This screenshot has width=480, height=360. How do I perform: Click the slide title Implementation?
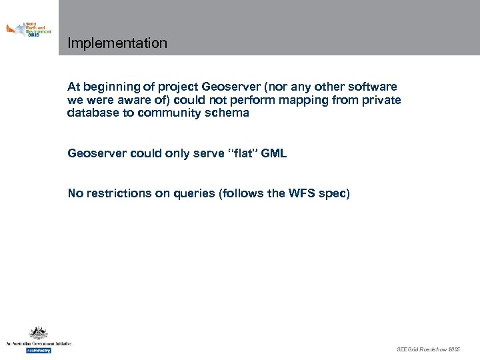(x=117, y=43)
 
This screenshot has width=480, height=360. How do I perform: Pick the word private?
(x=381, y=100)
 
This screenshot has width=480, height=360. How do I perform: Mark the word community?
(x=170, y=113)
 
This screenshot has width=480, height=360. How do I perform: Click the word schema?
(x=227, y=113)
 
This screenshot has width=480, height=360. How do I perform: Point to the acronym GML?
(x=275, y=153)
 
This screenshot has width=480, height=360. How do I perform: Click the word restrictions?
(x=118, y=194)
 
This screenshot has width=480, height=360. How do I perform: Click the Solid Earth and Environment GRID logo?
(x=29, y=29)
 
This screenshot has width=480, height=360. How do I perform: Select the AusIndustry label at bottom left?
(x=39, y=349)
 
